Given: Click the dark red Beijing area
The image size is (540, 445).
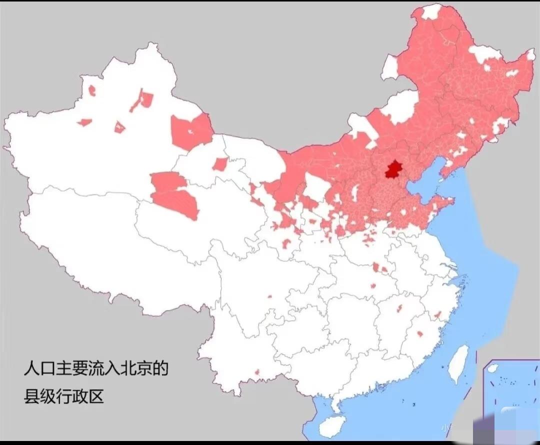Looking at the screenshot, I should (x=393, y=170).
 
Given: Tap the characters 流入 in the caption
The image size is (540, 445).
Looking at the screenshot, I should (x=96, y=369).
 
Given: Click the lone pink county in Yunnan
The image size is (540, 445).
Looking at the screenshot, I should (x=257, y=372).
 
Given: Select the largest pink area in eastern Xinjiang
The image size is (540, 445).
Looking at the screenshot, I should (x=191, y=131).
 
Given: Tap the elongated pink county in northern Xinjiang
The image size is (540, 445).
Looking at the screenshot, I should (x=142, y=100).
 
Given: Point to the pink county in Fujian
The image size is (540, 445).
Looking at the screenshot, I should (x=419, y=333).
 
